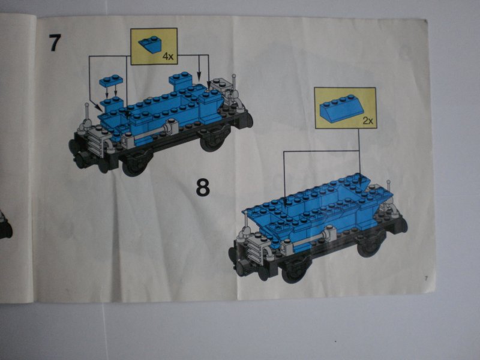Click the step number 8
[203, 187]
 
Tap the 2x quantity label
[368, 121]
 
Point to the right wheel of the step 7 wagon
[212, 142]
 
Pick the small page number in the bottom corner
[425, 278]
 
